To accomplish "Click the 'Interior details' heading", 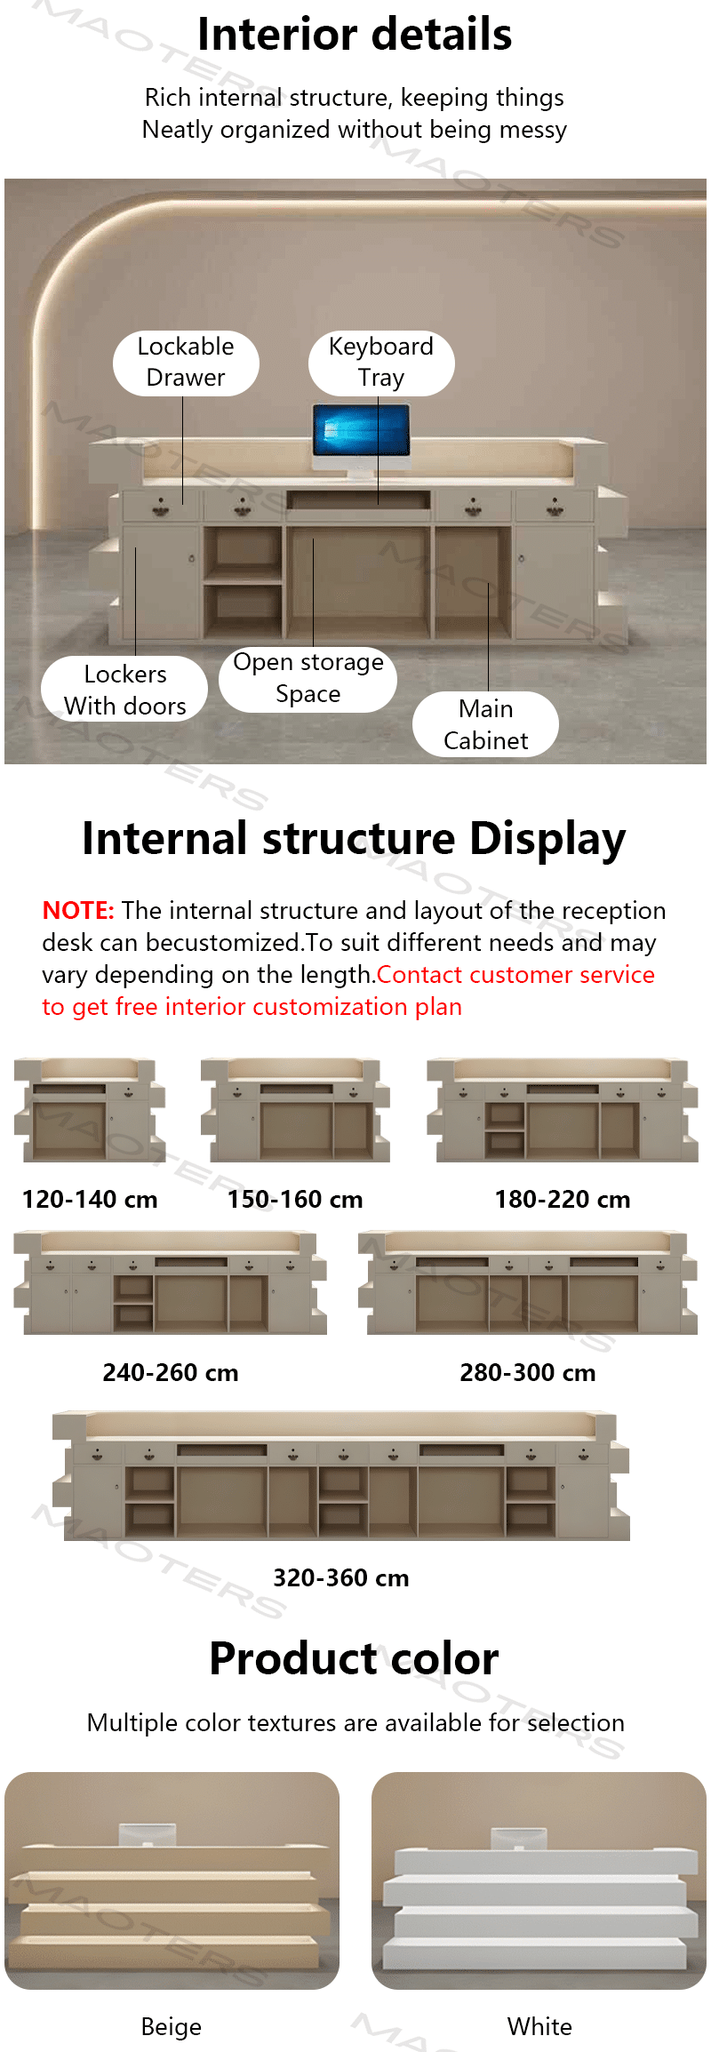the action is pos(355,35).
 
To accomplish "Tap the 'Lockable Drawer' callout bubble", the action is pos(186,363).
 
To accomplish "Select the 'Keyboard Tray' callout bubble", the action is pos(381,363).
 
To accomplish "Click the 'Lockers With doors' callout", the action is pos(124,689).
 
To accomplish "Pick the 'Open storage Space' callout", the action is pos(308,678).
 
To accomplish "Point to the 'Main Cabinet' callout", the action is pos(485,724).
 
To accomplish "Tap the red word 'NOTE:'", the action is pos(78,911).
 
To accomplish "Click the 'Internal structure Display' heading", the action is pos(354,839).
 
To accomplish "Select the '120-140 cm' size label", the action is pos(90,1200).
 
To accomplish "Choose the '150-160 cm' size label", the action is pos(295,1200).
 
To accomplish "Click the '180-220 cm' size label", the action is pos(563,1200).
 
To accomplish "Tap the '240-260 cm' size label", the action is pos(171,1373).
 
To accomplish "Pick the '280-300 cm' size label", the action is pos(528,1373).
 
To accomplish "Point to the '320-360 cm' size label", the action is pos(341,1578).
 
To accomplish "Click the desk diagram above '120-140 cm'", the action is pos(90,1110).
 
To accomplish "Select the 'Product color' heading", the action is pos(354,1659).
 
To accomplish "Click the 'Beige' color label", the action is pos(172,2026).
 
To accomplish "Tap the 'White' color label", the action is pos(539,2026).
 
